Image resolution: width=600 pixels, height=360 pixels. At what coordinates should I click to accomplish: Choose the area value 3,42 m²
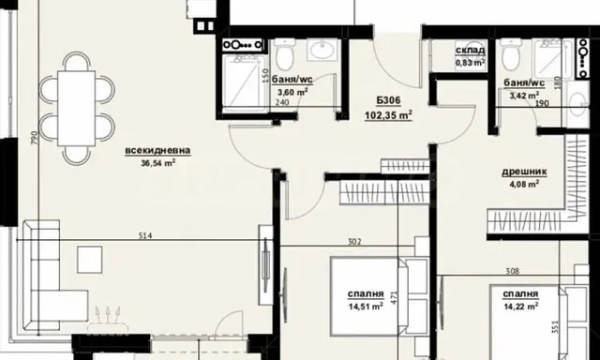click(522, 95)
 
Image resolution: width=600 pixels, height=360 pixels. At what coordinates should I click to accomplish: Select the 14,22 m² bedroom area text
click(517, 305)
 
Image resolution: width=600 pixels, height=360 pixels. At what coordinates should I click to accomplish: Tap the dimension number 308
click(512, 271)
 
